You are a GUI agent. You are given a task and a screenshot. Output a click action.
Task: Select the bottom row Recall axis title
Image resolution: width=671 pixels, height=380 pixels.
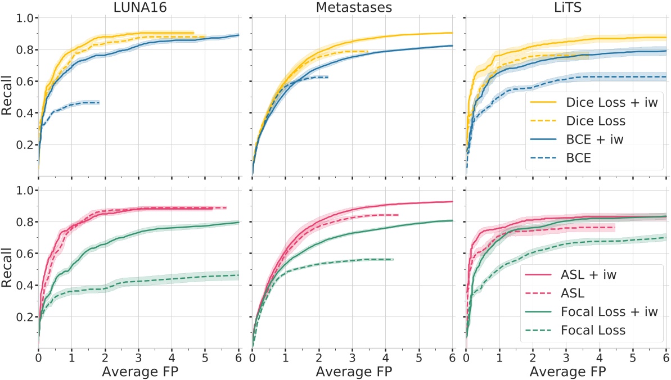tap(8, 269)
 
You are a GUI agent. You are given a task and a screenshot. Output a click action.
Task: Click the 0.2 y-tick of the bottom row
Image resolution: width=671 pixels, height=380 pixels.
tap(23, 317)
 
